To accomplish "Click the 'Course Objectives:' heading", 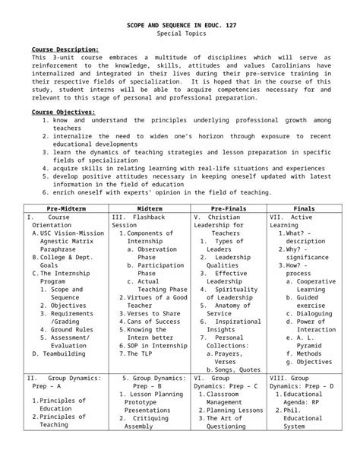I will coord(62,113).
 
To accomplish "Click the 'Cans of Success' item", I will coord(153,322).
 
